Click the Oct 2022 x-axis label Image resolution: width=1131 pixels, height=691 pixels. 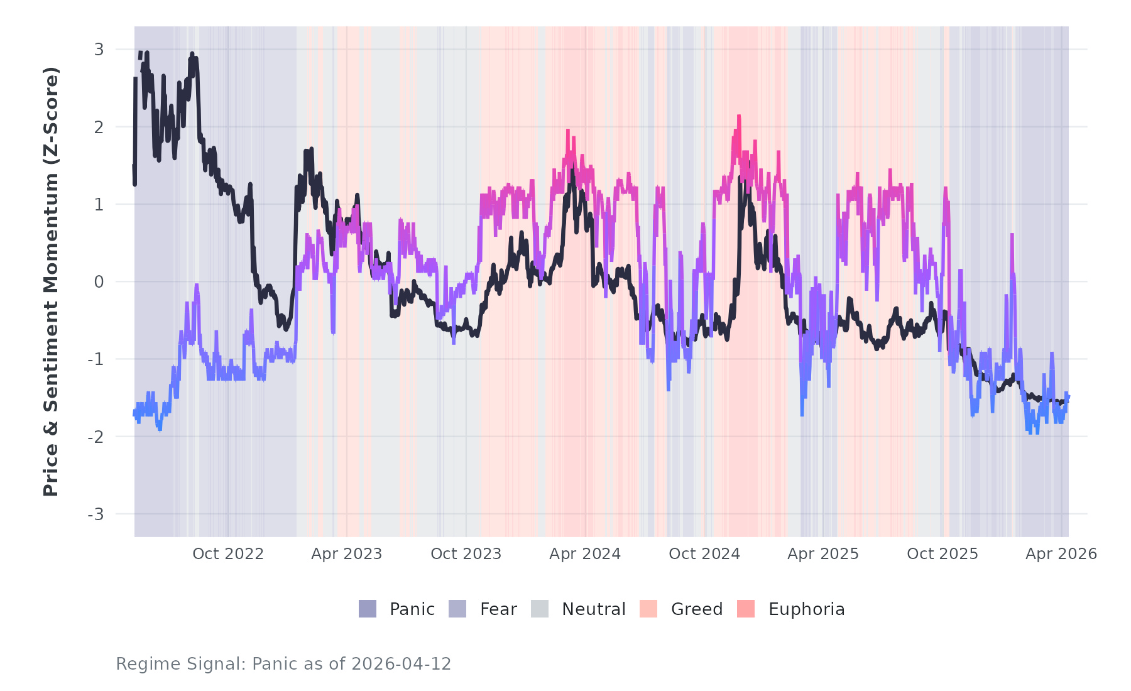227,553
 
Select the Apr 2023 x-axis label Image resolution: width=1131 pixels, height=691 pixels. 347,553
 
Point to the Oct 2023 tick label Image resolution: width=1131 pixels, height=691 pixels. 466,553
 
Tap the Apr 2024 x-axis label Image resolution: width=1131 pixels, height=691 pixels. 585,553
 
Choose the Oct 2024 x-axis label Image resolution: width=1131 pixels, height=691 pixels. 704,553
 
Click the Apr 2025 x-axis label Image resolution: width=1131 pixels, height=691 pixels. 823,553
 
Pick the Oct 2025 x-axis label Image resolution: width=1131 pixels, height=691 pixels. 942,553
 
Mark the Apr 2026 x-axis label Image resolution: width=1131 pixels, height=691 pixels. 1061,553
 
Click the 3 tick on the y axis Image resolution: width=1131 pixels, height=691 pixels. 99,50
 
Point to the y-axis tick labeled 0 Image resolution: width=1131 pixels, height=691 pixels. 99,282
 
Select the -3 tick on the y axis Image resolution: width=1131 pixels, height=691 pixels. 96,514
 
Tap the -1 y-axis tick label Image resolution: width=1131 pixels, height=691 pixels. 96,359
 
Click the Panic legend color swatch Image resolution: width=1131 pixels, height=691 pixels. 368,609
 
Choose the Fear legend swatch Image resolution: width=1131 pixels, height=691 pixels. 457,609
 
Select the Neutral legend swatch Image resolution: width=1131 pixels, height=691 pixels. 540,609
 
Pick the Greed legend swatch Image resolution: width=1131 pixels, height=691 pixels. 648,609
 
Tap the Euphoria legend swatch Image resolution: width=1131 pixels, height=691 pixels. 746,609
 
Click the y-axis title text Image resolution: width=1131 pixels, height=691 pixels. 51,281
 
